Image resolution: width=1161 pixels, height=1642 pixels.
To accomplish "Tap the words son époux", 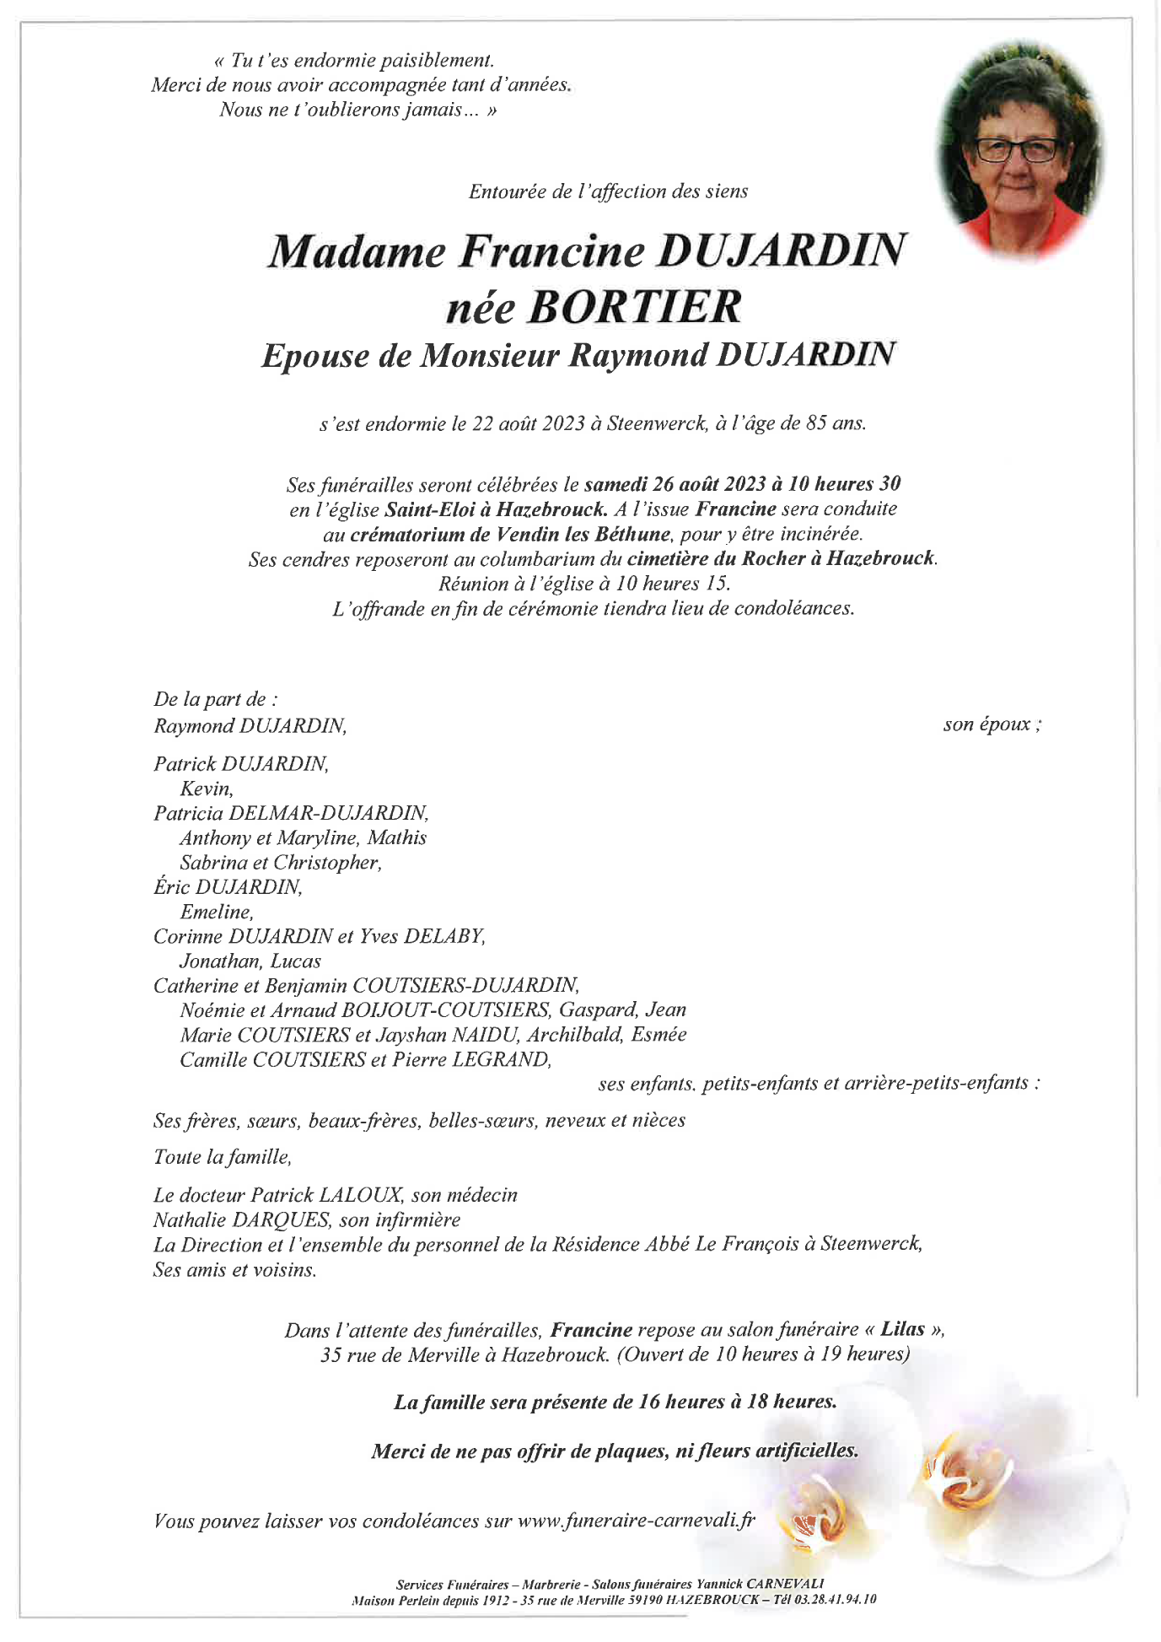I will [x=992, y=724].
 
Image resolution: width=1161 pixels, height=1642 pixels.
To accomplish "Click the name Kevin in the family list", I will [x=205, y=789].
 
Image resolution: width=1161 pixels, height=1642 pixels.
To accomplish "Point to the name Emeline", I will [x=215, y=912].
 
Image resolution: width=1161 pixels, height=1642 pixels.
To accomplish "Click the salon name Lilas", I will [x=902, y=1330].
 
